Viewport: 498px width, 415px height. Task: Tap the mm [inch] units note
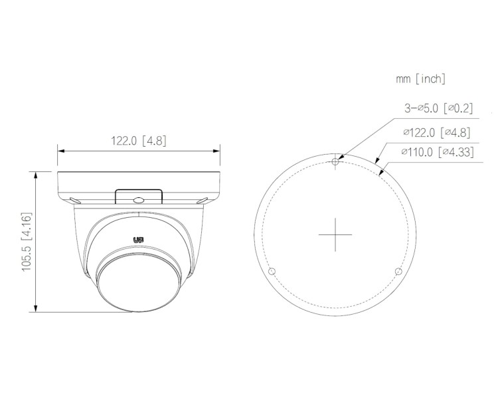[x=420, y=79]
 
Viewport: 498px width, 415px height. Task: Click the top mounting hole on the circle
[x=337, y=160]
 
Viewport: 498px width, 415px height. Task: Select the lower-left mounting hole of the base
[x=271, y=272]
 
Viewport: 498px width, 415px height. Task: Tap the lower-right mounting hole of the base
[x=398, y=272]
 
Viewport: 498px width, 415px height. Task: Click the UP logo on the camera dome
[x=138, y=241]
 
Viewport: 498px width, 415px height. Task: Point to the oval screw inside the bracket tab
[x=138, y=199]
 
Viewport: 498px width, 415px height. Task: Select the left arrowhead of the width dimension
[x=60, y=151]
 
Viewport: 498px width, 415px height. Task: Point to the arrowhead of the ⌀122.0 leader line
[x=376, y=162]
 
